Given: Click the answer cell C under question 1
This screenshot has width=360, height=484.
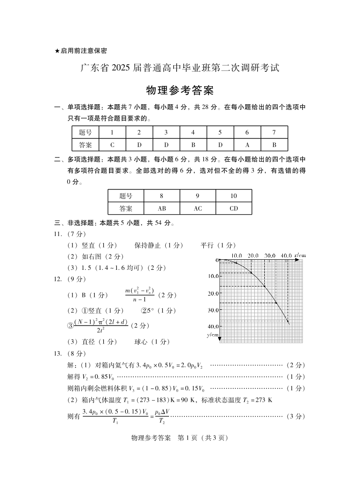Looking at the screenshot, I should click(112, 145).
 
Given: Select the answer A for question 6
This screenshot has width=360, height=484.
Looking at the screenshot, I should click(247, 145).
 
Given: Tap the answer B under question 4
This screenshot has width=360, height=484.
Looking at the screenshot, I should click(193, 145).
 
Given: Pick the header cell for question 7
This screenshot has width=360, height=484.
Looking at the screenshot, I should click(274, 132).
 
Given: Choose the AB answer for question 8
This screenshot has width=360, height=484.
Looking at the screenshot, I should click(162, 208).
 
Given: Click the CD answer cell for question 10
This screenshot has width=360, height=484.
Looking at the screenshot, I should click(233, 208).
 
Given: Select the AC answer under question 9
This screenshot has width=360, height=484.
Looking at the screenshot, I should click(198, 208).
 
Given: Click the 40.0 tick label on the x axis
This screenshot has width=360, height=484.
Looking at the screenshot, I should click(286, 256).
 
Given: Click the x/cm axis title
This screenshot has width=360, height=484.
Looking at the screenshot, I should click(300, 256).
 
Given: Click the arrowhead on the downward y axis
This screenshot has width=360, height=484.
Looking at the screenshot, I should click(220, 340).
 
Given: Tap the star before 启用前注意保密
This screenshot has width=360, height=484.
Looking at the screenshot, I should click(57, 50).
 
